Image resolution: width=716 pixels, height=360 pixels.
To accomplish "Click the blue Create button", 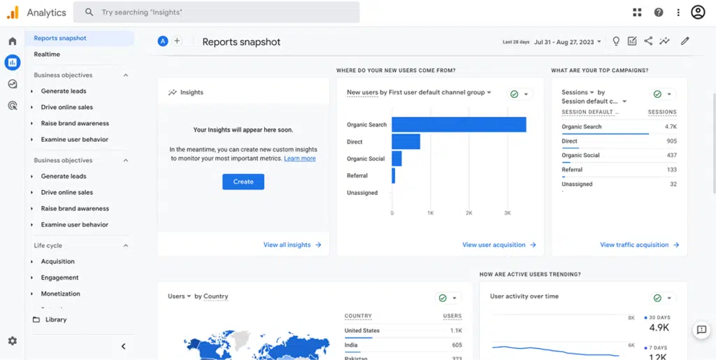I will (x=243, y=182).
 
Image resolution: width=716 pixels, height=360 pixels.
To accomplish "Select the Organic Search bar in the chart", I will (x=459, y=124).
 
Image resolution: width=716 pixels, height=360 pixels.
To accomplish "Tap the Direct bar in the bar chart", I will (x=406, y=142).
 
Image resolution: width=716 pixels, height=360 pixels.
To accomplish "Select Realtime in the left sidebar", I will (x=47, y=55).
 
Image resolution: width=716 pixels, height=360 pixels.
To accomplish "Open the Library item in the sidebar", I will (x=56, y=319).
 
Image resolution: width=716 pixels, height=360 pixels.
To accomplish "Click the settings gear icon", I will (x=12, y=341).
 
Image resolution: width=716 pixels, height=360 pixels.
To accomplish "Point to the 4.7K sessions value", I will (x=670, y=127).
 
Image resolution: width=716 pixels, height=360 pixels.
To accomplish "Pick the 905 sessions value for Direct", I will (x=671, y=141).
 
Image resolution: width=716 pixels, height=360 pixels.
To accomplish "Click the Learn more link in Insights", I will (x=299, y=159).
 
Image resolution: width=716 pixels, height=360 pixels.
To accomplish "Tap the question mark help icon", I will (x=658, y=12).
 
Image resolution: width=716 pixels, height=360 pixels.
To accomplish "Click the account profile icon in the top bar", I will (x=697, y=12).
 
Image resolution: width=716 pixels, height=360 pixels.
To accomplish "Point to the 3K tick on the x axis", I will (x=507, y=213).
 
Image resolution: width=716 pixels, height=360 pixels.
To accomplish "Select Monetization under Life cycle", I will (x=60, y=294).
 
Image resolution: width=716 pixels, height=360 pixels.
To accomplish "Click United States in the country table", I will (x=362, y=331).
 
